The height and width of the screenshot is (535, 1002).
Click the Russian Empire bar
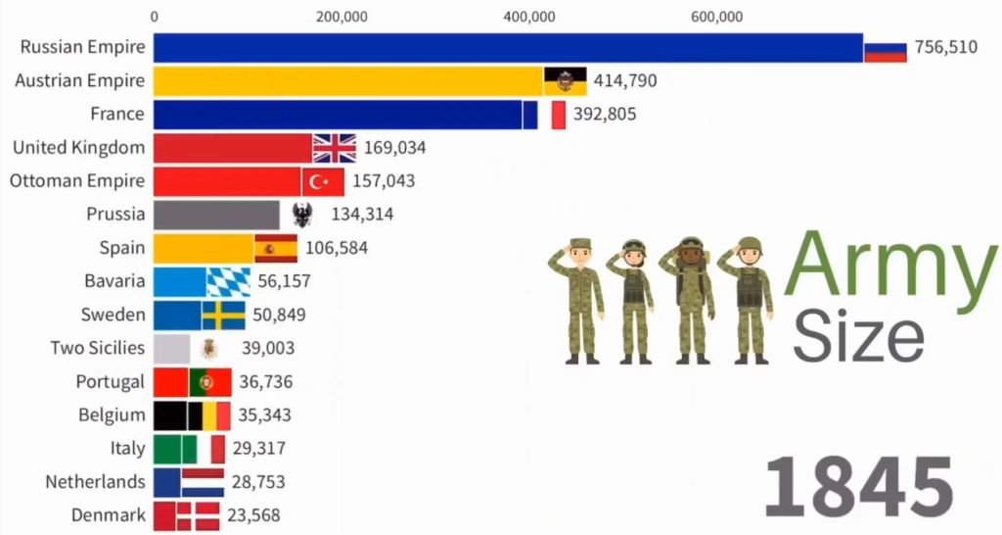(x=509, y=47)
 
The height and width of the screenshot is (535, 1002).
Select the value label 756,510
(x=945, y=47)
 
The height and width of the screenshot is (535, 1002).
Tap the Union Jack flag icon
(x=335, y=148)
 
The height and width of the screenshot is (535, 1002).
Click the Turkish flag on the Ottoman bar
(x=322, y=181)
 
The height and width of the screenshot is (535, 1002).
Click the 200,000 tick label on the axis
(x=342, y=16)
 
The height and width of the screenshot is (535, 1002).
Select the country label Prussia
(x=115, y=214)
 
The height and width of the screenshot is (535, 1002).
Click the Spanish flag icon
(x=276, y=248)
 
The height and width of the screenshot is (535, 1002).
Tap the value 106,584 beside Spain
(x=337, y=248)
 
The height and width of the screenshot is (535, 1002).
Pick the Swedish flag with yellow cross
(x=223, y=315)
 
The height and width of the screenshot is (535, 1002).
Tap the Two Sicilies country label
(x=98, y=348)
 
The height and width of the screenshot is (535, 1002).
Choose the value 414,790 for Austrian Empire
(x=625, y=80)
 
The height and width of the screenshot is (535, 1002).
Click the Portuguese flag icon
(x=209, y=381)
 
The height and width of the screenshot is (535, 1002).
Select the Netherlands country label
(x=95, y=482)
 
